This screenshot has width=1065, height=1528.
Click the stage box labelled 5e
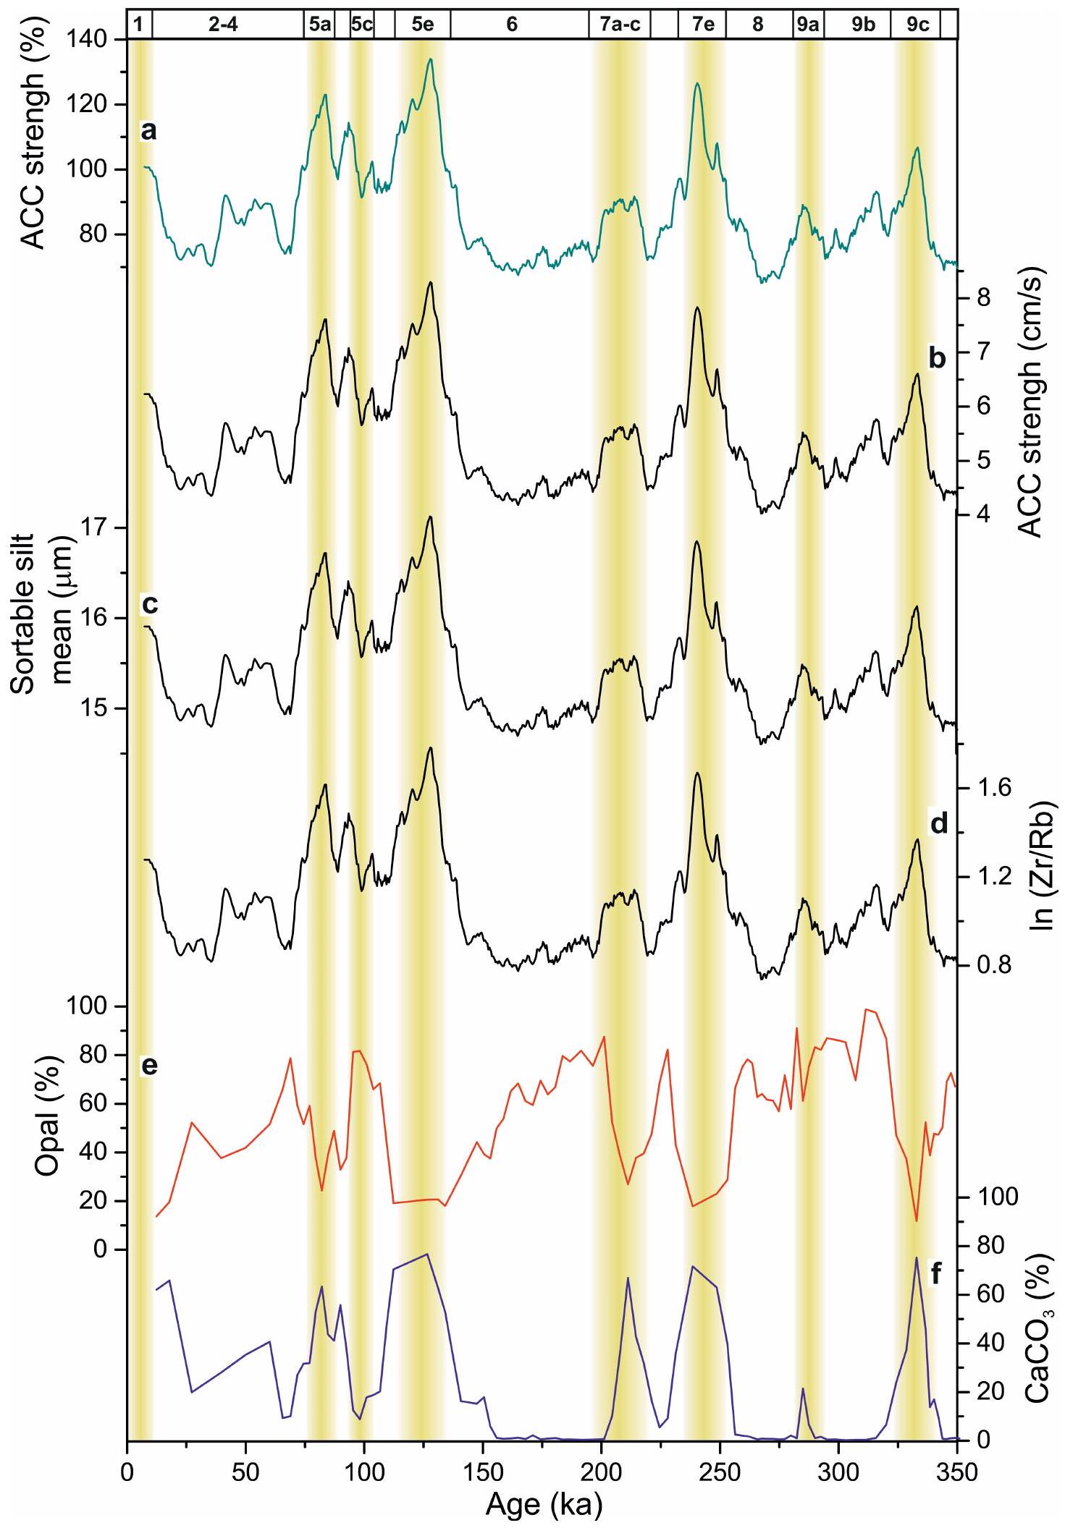click(422, 25)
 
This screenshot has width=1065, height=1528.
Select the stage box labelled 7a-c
click(619, 25)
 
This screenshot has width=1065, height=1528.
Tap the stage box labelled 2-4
click(227, 25)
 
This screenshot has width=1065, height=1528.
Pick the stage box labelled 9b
click(862, 25)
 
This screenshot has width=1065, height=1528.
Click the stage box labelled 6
click(512, 25)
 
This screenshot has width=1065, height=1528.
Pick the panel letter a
click(148, 131)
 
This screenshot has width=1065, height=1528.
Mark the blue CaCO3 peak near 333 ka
click(916, 1257)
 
